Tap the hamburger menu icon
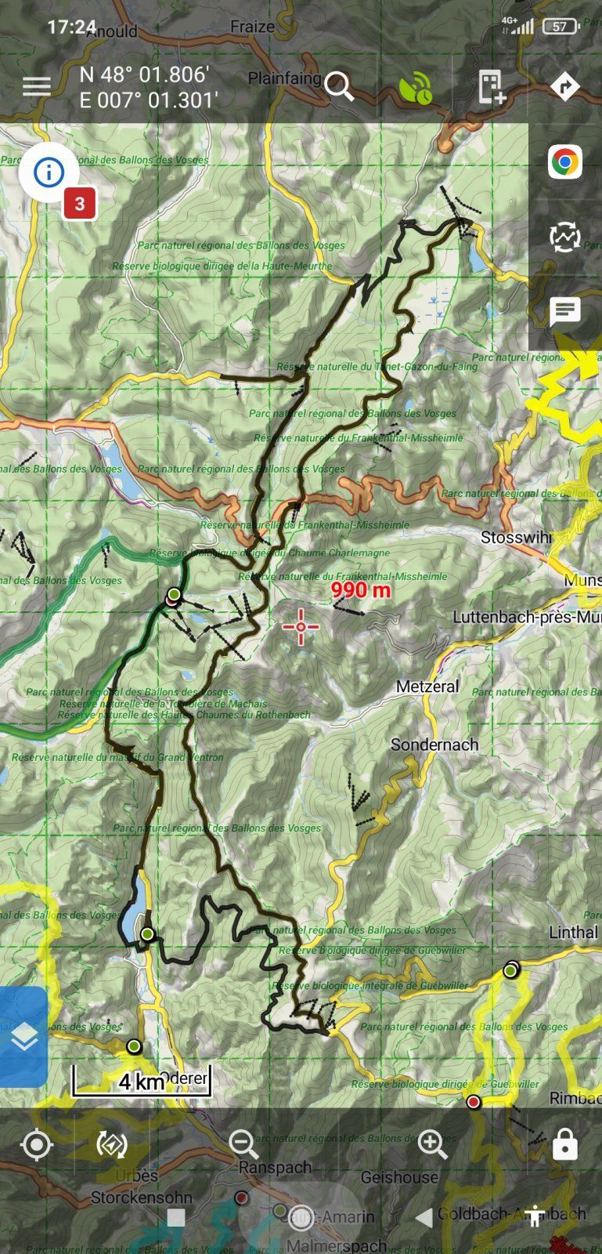tap(36, 86)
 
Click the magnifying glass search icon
tap(340, 86)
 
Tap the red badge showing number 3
tap(79, 205)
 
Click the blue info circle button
tap(49, 172)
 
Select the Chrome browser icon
tap(564, 163)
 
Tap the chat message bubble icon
tap(564, 311)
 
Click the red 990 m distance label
tap(360, 589)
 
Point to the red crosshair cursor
tap(301, 626)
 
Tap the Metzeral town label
tap(427, 687)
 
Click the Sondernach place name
tap(434, 745)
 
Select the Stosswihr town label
tap(516, 538)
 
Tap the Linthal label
tap(573, 933)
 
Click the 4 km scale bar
tap(142, 1082)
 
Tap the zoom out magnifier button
tap(243, 1145)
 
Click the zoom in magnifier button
tap(433, 1145)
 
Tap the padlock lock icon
tap(564, 1145)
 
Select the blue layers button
tap(23, 1037)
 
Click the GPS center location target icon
tap(36, 1145)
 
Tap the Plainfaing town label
tap(284, 78)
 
